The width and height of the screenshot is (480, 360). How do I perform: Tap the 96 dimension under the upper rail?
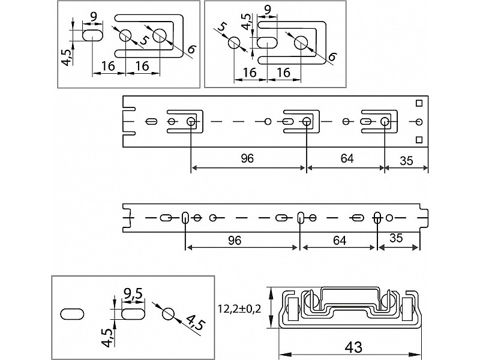point(247,159)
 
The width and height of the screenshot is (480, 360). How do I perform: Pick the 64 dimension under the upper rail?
point(346,159)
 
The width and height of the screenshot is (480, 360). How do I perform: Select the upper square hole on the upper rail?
point(419,103)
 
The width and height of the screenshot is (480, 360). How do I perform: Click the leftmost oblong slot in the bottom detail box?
point(73,314)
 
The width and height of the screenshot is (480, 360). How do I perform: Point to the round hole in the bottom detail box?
point(169,314)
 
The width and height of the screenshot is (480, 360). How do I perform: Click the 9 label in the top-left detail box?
point(94,16)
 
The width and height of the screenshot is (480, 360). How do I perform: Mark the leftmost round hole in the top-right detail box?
point(235,43)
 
